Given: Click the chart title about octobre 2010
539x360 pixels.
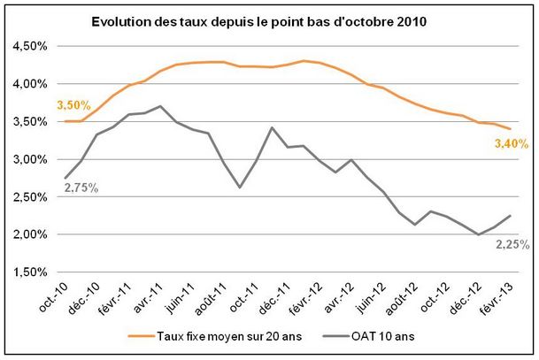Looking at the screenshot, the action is (258, 21).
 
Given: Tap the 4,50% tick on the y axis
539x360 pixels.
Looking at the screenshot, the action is (30, 46).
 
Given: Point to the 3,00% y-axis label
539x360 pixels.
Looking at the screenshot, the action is (30, 159).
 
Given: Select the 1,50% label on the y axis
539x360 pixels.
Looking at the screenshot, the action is (30, 272).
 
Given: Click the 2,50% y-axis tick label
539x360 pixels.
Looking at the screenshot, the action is (30, 197).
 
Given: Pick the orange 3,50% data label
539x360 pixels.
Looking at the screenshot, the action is (74, 105).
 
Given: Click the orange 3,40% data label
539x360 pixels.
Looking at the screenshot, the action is (512, 143).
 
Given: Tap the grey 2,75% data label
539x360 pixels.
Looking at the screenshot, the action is (81, 188).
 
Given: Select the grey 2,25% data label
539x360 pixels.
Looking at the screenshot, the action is (512, 245).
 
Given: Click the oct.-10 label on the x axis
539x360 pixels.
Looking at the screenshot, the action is (53, 297).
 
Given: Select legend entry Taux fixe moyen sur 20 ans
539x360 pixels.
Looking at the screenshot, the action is (215, 336).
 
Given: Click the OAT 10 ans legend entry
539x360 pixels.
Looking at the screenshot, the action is (369, 336).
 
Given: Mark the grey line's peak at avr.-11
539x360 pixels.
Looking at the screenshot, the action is (160, 106).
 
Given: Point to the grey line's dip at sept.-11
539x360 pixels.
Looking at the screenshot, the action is (240, 188).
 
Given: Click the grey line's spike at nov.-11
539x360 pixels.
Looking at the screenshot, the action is (272, 127).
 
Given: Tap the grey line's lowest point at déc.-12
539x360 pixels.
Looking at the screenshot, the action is (478, 234).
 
